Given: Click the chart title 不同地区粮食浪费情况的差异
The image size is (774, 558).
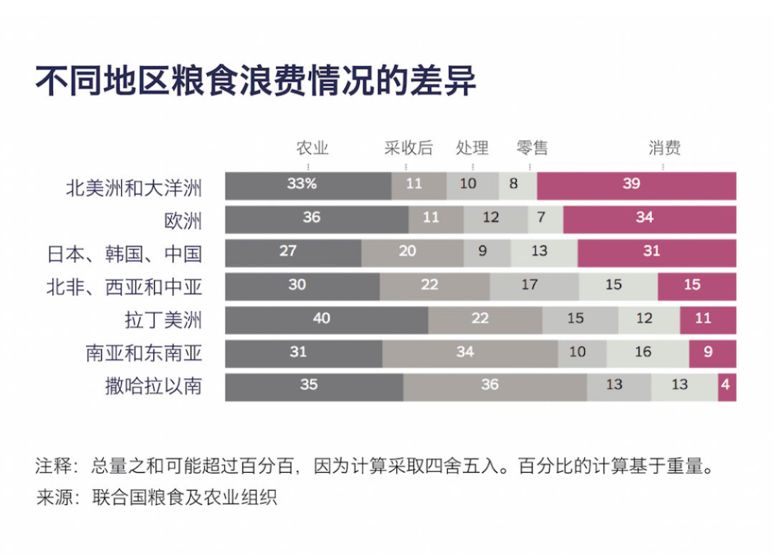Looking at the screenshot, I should (x=256, y=81).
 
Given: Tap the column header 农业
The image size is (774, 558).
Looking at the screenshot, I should (x=312, y=148).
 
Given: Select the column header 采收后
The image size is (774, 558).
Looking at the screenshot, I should (x=408, y=148).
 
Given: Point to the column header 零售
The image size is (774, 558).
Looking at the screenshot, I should (x=532, y=148).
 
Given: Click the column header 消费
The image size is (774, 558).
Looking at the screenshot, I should (x=664, y=148).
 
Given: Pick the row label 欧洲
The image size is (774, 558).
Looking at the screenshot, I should (x=183, y=221).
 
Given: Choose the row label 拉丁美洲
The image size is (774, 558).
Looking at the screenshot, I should (x=163, y=320).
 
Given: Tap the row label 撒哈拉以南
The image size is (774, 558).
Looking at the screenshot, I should (x=153, y=387).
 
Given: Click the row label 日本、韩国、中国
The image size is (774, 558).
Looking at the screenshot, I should (x=124, y=254).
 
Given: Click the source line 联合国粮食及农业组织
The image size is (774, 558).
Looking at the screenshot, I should (x=184, y=497).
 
